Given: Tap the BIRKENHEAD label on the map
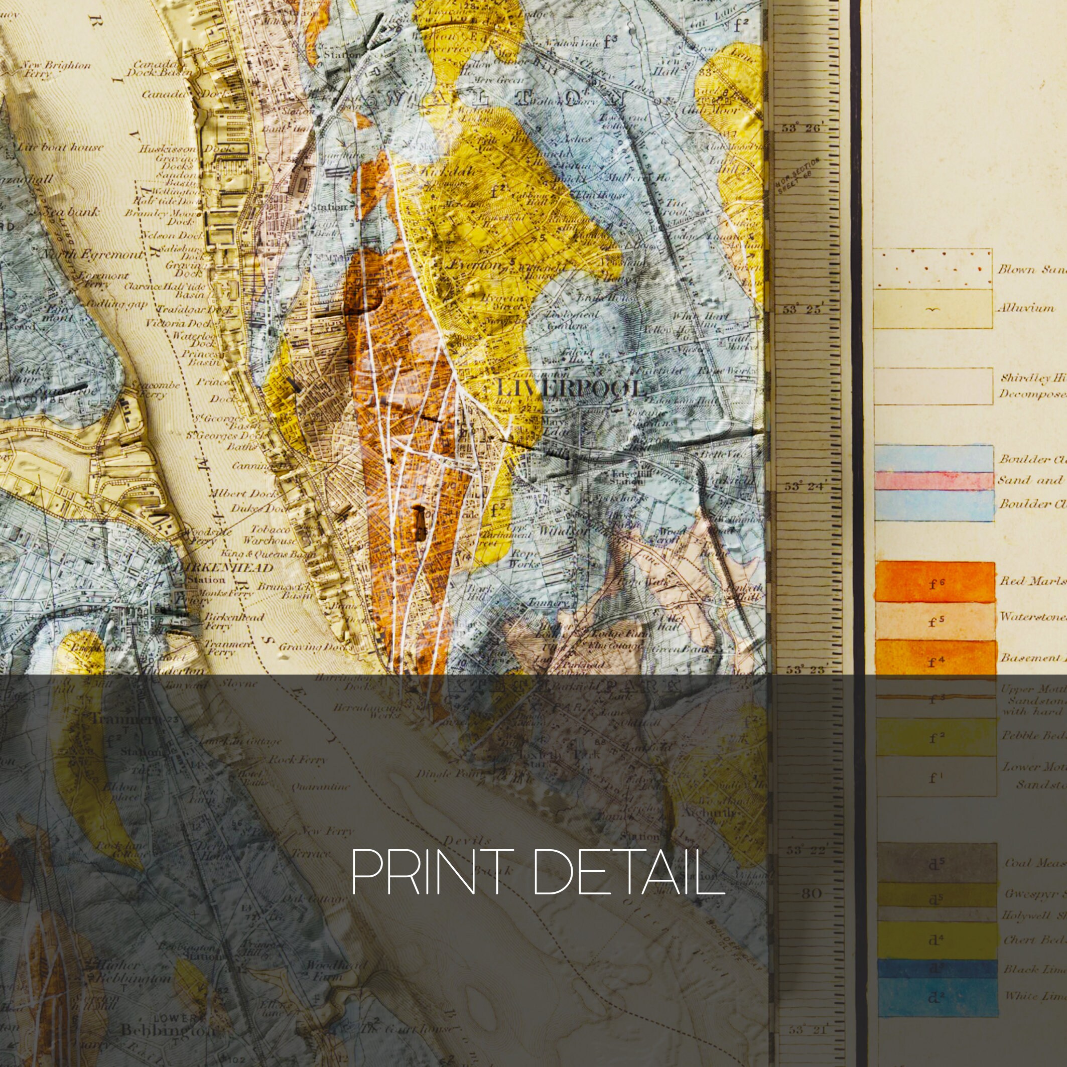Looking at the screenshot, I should pos(223,567).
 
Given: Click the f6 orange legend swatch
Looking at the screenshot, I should pos(935,582).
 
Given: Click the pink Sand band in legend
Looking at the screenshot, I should pos(933,481).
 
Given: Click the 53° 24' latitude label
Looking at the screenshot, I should pos(802,486).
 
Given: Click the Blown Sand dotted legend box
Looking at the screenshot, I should pos(932,269).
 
